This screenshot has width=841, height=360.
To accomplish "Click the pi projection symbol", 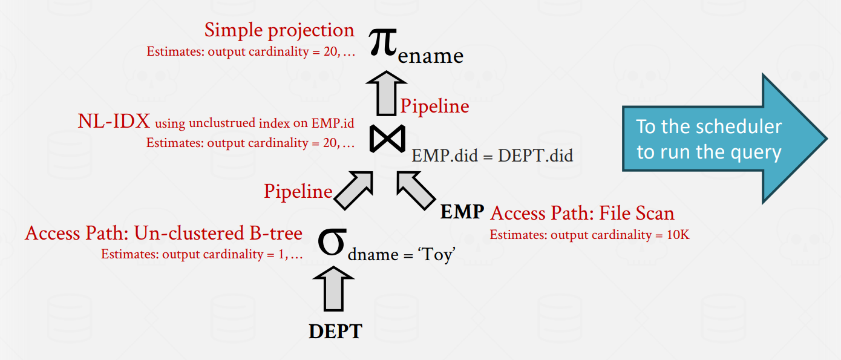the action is coord(382,42).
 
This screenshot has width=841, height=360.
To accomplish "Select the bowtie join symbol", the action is coord(387,139).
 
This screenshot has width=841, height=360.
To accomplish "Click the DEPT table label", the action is coord(335,332).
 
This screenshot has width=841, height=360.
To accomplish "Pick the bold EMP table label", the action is coord(462,212).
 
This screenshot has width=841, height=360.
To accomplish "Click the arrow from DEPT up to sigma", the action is coord(333,289).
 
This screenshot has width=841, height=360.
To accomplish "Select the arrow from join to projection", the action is coord(387,93).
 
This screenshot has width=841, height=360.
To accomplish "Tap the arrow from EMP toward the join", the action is coord(416,191).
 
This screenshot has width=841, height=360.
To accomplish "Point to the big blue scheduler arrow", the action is coord(725,139).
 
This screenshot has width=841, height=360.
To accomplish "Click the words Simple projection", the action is coord(280,30).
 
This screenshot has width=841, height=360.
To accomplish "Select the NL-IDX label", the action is coord(114,121).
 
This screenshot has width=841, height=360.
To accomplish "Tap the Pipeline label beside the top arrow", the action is coord(435,106).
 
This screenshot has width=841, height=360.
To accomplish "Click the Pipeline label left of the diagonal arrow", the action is coord(298,191).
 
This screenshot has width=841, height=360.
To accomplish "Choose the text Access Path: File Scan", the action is coord(582,213).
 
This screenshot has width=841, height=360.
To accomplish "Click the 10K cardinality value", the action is coord(678,235).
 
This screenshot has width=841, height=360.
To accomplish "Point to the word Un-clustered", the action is coord(189,233).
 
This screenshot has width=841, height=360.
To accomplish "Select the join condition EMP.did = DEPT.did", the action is coord(492,155).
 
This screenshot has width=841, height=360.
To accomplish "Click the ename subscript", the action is coord(431,56).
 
